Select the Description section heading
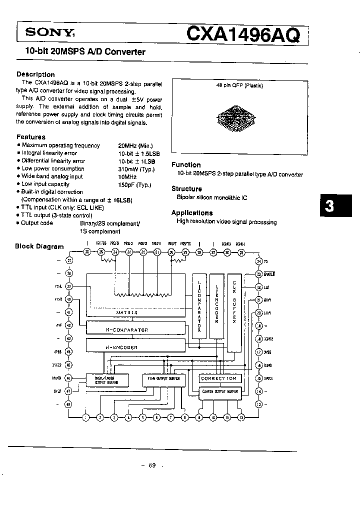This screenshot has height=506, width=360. tap(36, 74)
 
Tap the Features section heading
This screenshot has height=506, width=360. tap(31, 136)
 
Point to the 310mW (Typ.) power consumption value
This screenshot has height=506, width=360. tap(136, 169)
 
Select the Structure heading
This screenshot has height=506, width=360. tap(186, 188)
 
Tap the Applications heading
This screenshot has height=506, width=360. tap(192, 212)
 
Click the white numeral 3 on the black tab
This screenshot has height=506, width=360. tap(329, 206)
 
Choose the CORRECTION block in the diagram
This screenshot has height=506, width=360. tap(218, 378)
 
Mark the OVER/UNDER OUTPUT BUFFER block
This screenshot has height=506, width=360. tap(106, 380)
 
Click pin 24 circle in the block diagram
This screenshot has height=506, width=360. tap(258, 261)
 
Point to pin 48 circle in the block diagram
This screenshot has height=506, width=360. tap(69, 403)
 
